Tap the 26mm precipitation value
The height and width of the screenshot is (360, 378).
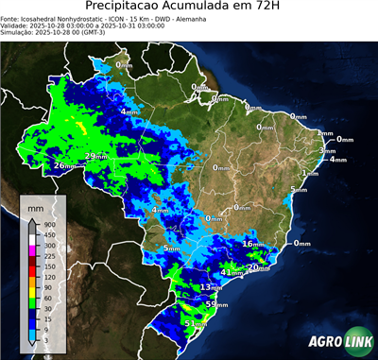click(64, 166)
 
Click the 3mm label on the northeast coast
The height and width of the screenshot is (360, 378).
click(328, 150)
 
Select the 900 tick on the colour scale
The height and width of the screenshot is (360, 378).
click(47, 224)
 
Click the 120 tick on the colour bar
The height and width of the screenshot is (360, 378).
click(47, 278)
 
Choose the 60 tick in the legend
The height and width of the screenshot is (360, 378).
click(45, 300)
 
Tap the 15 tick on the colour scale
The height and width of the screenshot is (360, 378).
click(45, 321)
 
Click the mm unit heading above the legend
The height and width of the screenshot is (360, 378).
click(34, 205)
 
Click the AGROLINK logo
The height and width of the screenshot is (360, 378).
click(336, 337)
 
